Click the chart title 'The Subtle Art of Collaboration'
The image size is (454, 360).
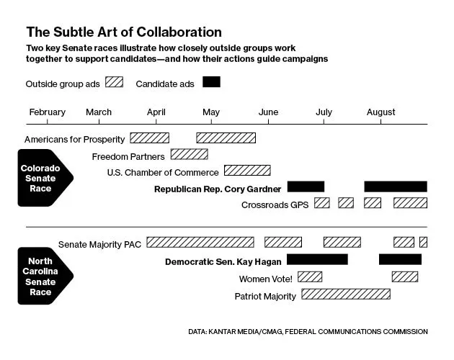click(124, 32)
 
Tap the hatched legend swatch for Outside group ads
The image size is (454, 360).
click(114, 82)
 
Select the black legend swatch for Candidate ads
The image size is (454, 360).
click(211, 82)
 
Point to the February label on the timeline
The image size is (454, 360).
click(47, 112)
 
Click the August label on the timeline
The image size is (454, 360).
click(381, 112)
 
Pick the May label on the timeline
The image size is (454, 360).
click(211, 112)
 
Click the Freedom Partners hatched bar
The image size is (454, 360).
click(190, 154)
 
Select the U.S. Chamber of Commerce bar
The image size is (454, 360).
click(247, 171)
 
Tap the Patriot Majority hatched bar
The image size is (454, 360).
click(346, 294)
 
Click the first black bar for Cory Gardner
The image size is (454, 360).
click(306, 187)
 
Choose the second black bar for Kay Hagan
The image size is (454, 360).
click(400, 259)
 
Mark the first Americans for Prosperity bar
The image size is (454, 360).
click(149, 138)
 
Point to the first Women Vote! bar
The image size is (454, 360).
click(310, 276)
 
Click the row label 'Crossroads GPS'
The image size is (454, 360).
click(275, 204)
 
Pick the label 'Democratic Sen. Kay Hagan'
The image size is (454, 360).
click(223, 260)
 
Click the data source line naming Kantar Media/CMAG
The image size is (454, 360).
click(308, 332)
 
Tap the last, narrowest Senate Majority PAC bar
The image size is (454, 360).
click(423, 242)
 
